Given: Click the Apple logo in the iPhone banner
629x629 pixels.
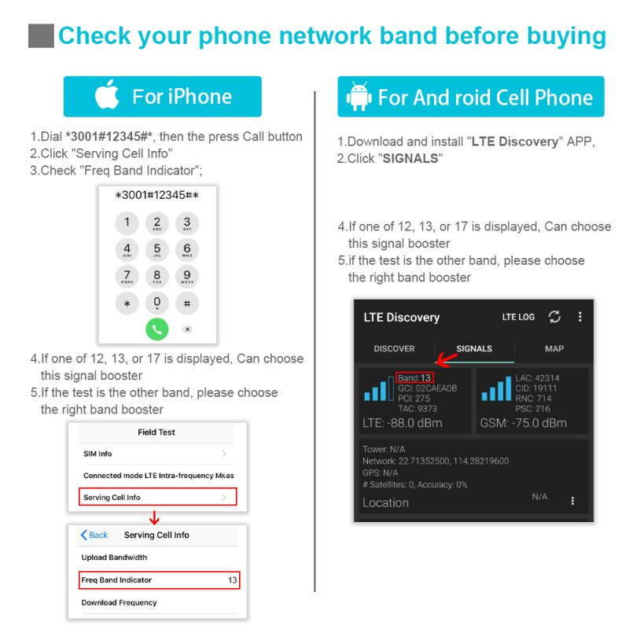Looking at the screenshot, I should [x=107, y=95].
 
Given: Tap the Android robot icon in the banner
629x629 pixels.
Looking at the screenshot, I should [x=359, y=97].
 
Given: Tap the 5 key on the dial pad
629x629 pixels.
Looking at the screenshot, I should [x=157, y=251].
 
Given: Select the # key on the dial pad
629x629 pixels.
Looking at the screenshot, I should [x=187, y=303].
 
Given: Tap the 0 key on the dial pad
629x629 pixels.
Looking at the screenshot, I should [x=157, y=303].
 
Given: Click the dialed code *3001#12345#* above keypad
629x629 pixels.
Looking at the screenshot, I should [x=157, y=195].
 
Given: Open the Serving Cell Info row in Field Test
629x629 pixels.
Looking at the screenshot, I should [x=157, y=498].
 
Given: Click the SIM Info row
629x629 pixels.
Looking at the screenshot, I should [x=157, y=454].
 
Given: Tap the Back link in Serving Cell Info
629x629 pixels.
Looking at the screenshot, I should [x=94, y=535].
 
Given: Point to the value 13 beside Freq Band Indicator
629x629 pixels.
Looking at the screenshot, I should [x=232, y=580].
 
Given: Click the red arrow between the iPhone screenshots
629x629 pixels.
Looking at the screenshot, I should [x=154, y=517].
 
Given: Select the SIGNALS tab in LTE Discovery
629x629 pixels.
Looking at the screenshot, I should [x=474, y=348].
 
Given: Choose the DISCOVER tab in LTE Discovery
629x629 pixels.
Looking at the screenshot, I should [x=394, y=348].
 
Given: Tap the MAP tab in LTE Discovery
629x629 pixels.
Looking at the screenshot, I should [x=554, y=348].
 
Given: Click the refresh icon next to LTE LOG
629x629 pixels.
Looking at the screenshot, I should [x=555, y=317].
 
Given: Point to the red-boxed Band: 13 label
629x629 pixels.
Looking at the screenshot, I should [x=414, y=378].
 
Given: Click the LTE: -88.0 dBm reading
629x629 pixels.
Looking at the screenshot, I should [x=403, y=423].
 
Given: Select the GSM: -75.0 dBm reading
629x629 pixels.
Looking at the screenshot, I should [x=523, y=423].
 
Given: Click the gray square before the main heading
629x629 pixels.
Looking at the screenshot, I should [x=41, y=36].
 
